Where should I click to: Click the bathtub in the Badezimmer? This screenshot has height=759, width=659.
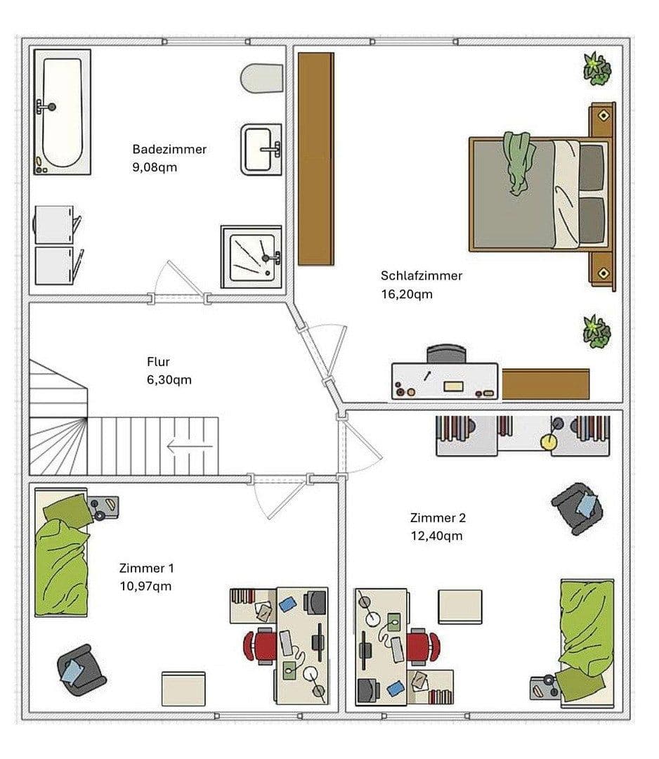pyautogui.click(x=62, y=112)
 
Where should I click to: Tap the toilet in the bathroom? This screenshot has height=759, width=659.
pyautogui.click(x=261, y=78)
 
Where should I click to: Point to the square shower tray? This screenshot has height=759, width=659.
pyautogui.click(x=251, y=256)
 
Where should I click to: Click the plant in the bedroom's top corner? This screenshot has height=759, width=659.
pyautogui.click(x=596, y=68)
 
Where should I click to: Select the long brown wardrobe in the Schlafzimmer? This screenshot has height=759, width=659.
pyautogui.click(x=315, y=159)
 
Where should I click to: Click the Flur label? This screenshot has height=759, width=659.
pyautogui.click(x=158, y=362)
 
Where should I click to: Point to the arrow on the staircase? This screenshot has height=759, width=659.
pyautogui.click(x=189, y=446)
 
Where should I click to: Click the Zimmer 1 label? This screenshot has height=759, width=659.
pyautogui.click(x=147, y=568)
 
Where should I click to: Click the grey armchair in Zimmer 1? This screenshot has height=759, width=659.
pyautogui.click(x=81, y=670)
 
